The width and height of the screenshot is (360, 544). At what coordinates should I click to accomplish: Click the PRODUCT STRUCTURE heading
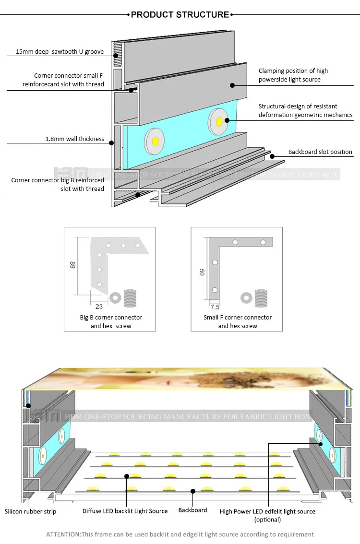[x=180, y=15]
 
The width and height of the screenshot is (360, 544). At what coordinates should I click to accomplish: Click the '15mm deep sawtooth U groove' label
[x=60, y=51]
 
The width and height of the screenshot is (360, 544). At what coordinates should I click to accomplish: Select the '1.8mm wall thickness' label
[x=74, y=139]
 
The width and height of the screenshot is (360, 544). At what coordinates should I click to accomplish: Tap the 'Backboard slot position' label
[x=320, y=152]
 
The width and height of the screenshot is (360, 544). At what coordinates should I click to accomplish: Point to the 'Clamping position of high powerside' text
[x=293, y=71]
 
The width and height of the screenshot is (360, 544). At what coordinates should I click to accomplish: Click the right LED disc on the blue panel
[x=219, y=120]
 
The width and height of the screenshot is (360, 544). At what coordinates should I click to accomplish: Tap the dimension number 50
[x=203, y=272]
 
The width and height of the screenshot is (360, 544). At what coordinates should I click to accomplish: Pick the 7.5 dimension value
[x=215, y=307]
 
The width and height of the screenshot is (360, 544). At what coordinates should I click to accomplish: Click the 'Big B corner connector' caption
[x=111, y=318]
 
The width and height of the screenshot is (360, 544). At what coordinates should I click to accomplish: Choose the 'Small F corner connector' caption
[x=238, y=318]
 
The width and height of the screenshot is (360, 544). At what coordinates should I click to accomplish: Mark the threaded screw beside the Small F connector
[x=261, y=298]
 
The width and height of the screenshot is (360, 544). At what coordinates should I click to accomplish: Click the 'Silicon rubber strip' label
[x=30, y=511]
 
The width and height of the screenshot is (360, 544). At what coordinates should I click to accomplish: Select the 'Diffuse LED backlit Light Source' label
[x=125, y=511]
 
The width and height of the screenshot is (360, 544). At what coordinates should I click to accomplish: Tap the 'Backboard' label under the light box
[x=192, y=510]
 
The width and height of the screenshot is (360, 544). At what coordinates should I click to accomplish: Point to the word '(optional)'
[x=267, y=520]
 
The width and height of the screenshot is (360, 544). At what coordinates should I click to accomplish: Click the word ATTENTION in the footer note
[x=63, y=534]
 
